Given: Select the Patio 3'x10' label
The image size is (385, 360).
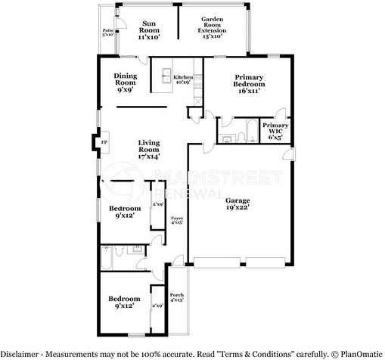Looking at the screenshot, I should click(x=107, y=32).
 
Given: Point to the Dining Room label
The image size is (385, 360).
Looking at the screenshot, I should click(x=126, y=82).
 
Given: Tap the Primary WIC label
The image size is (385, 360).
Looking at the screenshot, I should click(x=275, y=131).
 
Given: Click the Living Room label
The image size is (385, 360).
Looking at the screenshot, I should click(x=148, y=148).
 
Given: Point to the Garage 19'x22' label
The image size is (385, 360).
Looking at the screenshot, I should click(x=237, y=203).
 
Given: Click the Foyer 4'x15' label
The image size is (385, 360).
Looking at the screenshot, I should click(x=176, y=221).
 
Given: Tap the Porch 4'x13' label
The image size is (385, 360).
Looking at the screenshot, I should click(x=177, y=297).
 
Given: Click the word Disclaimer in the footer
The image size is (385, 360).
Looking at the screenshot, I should click(x=20, y=353).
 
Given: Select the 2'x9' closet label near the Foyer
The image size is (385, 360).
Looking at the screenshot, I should click(x=158, y=204).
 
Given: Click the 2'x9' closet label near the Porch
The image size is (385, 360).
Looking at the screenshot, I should click(x=157, y=306).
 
